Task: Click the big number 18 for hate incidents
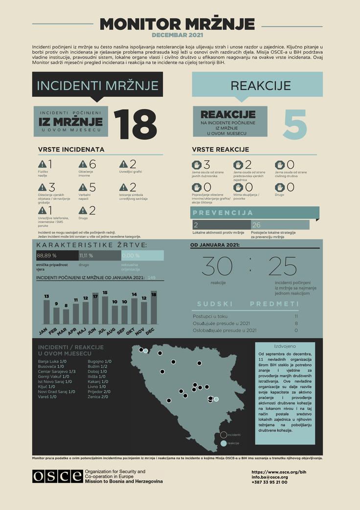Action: coord(135,123)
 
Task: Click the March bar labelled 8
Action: coord(66,316)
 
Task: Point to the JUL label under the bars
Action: coord(103,331)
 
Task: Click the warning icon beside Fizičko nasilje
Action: coord(42,164)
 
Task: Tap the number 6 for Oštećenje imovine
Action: coord(92,164)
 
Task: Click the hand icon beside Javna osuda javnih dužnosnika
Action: coord(196,165)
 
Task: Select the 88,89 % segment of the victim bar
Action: coord(57,255)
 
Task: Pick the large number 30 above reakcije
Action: coord(217,266)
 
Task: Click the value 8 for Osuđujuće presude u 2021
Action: coord(296,324)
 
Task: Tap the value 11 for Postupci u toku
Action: coord(296,316)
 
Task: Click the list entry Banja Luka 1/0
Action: coord(52,361)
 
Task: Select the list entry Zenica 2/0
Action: coord(98,396)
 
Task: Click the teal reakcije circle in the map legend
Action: coord(224,443)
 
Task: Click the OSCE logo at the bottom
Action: coord(58,476)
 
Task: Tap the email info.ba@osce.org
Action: coord(270,477)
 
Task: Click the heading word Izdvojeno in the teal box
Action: coord(285,346)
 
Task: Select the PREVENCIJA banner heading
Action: coord(223,213)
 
